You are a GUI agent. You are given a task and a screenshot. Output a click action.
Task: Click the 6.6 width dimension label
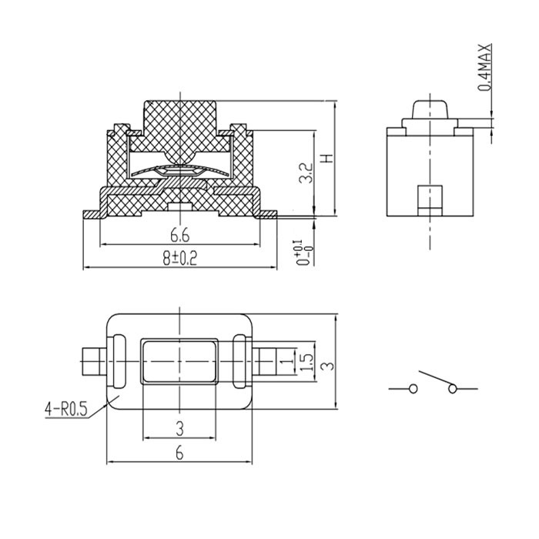click(x=179, y=236)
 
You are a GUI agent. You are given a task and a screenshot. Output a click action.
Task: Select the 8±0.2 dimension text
click(x=179, y=258)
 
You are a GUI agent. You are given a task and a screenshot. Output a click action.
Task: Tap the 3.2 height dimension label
click(x=306, y=173)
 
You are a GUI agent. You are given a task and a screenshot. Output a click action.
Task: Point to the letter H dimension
click(x=327, y=158)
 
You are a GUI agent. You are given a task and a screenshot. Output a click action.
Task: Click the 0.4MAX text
click(x=485, y=68)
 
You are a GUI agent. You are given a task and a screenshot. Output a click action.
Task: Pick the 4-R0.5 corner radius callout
click(x=66, y=410)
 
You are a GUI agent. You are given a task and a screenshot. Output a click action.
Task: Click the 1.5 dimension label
click(x=306, y=362)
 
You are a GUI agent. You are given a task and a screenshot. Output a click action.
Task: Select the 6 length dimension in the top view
click(x=179, y=454)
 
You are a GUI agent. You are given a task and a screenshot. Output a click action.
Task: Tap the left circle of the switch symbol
click(x=413, y=389)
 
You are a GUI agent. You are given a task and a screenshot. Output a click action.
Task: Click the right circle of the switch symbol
click(x=453, y=389)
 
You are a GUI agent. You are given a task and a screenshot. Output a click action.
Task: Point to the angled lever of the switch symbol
click(x=436, y=378)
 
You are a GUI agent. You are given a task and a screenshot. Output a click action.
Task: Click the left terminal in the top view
click(x=95, y=362)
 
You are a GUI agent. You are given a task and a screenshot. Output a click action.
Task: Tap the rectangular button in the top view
click(x=179, y=362)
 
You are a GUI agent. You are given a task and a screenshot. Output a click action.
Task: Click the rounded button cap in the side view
click(x=430, y=110)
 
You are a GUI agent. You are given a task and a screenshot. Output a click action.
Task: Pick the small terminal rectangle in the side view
click(x=430, y=201)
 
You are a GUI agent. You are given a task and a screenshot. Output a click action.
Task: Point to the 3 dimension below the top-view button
click(x=179, y=429)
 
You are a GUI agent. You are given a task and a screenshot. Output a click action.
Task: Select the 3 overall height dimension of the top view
click(x=329, y=364)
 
